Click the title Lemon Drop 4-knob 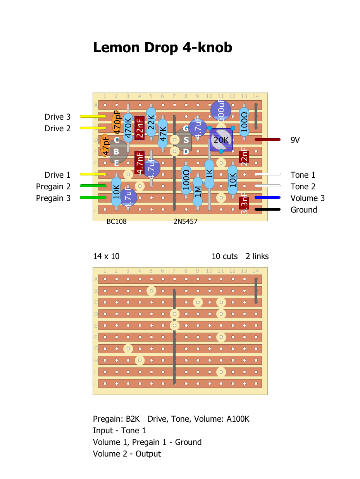click(x=163, y=48)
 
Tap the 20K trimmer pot click(x=221, y=140)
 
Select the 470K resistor click(x=128, y=128)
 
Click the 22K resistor click(x=151, y=122)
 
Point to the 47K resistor click(x=163, y=134)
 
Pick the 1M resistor click(x=198, y=192)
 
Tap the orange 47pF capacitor click(x=105, y=145)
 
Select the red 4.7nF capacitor click(x=140, y=163)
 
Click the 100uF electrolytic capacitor click(x=221, y=110)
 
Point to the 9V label click(x=295, y=140)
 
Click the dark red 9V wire click(x=267, y=140)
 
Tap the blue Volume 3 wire click(x=267, y=198)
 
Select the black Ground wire click(x=267, y=209)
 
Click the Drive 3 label click(x=57, y=117)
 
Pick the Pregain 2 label click(x=53, y=187)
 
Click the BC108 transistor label click(x=116, y=222)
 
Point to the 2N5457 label click(x=186, y=222)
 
